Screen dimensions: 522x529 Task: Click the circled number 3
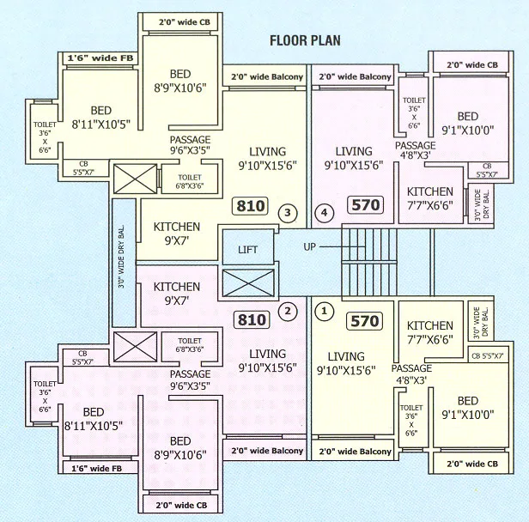(x=288, y=211)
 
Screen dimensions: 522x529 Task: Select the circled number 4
(x=323, y=211)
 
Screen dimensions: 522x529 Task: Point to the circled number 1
(x=323, y=311)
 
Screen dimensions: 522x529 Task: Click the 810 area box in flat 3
(x=251, y=207)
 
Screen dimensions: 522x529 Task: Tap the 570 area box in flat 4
(x=364, y=206)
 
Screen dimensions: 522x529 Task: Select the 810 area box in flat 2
(x=251, y=320)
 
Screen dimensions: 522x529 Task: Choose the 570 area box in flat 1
(x=364, y=322)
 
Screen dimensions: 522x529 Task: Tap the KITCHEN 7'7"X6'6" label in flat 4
(x=429, y=198)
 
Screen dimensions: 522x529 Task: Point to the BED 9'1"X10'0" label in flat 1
(x=468, y=408)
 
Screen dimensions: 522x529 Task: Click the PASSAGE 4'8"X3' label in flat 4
(x=416, y=151)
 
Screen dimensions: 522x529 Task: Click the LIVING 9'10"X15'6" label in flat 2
(x=268, y=361)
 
